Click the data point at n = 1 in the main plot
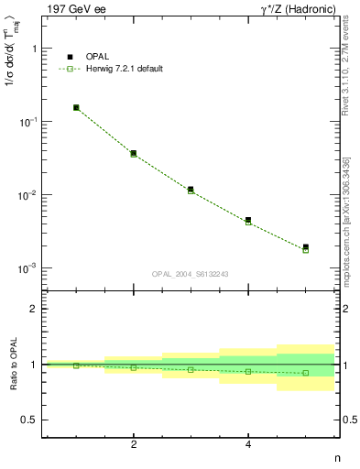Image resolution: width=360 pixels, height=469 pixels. (x=76, y=108)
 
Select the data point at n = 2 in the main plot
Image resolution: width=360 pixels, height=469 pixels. (x=134, y=154)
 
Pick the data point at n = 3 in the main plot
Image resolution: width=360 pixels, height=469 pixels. (x=191, y=190)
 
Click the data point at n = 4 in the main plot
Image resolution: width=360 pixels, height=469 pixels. (x=248, y=221)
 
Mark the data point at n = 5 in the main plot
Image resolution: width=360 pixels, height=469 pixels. (x=306, y=248)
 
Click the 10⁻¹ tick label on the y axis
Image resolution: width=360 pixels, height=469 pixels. (x=27, y=122)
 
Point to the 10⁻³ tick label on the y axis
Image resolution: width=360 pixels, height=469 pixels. (x=27, y=268)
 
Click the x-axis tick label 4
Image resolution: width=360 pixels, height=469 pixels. (x=248, y=444)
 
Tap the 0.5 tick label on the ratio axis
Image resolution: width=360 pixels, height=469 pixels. (x=28, y=420)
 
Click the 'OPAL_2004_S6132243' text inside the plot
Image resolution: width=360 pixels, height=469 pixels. (x=190, y=274)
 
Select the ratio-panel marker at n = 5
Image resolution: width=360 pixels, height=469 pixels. (x=306, y=373)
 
